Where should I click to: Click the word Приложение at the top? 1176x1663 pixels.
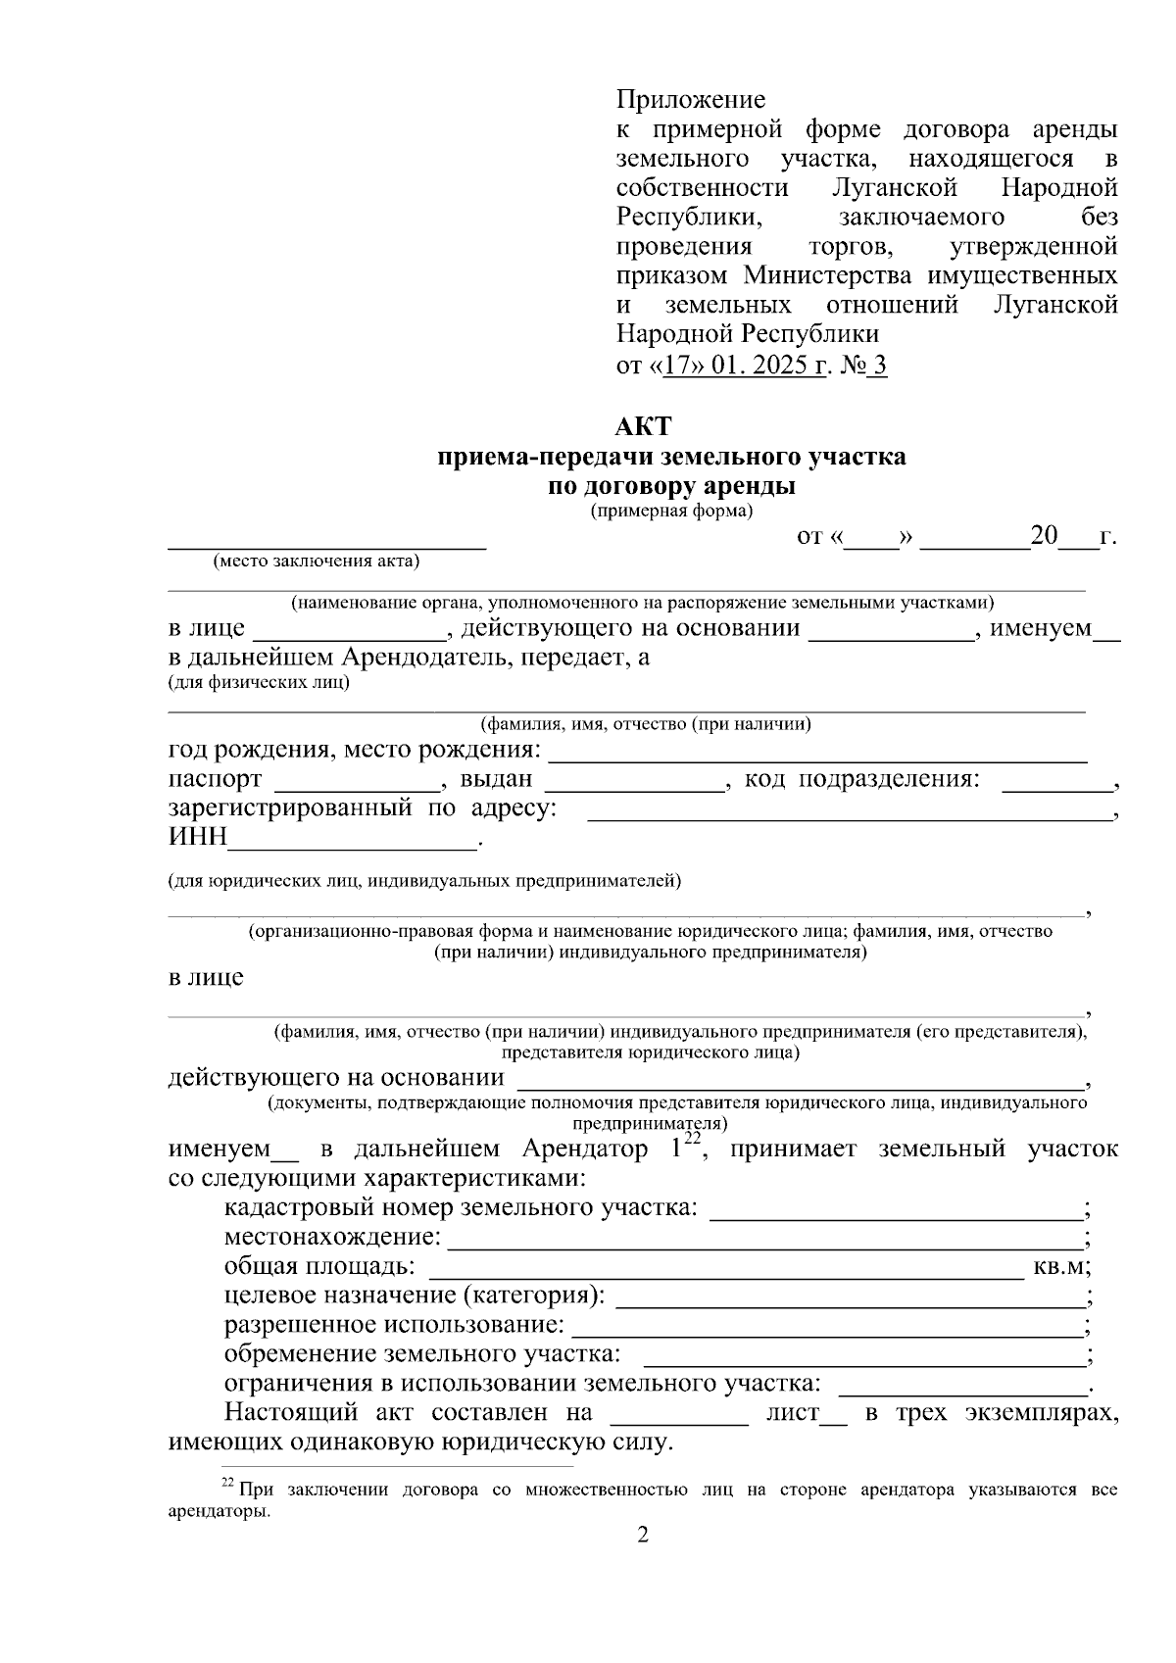coord(691,100)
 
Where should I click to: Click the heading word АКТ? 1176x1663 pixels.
coord(643,427)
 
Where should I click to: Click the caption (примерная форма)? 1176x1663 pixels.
coord(671,511)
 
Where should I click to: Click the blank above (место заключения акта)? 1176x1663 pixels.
coord(326,541)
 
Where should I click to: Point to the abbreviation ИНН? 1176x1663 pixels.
coord(197,838)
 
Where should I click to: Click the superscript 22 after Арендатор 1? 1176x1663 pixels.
coord(693,1138)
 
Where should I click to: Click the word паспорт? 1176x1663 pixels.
coord(215,779)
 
